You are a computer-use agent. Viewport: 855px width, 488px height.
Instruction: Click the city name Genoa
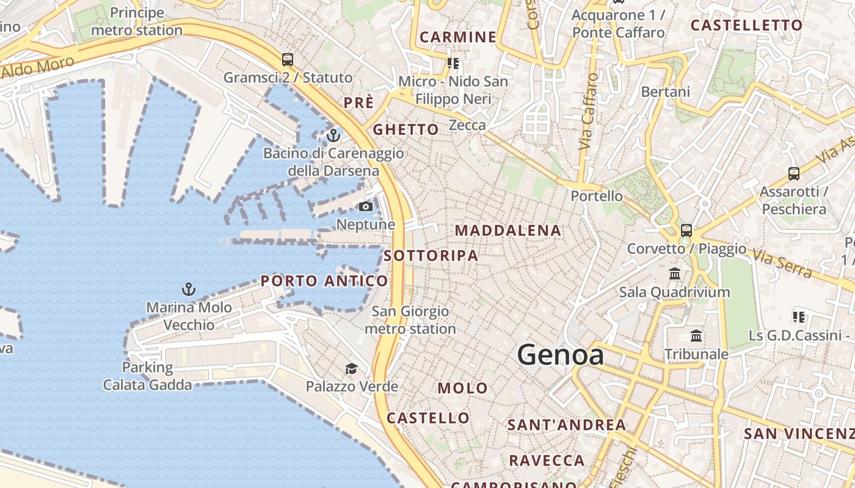point(561,355)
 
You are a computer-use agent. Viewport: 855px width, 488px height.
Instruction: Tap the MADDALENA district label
point(508,231)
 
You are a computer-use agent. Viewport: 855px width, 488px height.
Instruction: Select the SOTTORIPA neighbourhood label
point(431,256)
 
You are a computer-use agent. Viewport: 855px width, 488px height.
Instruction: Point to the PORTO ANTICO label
point(324,281)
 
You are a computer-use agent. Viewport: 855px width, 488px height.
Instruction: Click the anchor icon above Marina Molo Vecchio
point(189,289)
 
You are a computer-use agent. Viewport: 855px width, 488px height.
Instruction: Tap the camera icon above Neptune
point(366,207)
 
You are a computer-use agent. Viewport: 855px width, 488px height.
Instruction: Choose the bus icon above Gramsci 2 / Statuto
point(288,60)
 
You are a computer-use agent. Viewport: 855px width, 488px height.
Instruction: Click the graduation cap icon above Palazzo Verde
point(351,368)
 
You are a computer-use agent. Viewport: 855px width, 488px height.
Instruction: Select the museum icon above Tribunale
point(696,335)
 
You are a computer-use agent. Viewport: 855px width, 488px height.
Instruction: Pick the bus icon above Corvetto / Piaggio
point(686,231)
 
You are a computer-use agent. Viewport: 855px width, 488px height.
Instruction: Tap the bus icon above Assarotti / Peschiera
point(793,174)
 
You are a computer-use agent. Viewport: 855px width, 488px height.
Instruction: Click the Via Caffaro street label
point(588,112)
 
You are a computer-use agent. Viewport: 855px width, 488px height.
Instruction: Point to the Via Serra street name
point(784,263)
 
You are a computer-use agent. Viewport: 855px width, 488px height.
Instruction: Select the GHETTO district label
point(406,129)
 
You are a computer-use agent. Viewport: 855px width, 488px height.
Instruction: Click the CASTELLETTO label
point(746,26)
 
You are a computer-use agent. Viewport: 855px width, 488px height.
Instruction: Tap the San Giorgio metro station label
point(410,320)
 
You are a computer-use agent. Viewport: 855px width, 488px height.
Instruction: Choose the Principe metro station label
point(137,21)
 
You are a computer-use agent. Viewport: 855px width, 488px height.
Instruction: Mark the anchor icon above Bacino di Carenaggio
point(333,135)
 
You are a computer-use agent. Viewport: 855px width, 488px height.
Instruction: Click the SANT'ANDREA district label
point(567,425)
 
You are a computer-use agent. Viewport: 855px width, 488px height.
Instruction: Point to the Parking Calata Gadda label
point(147,376)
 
